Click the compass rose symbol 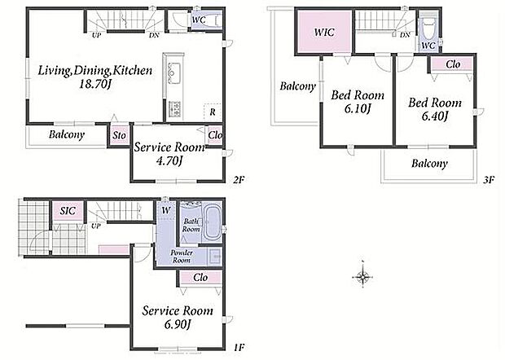[x=362, y=276]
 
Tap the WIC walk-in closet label [x=324, y=33]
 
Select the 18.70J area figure [x=95, y=85]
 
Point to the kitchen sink [x=174, y=73]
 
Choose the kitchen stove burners [x=174, y=108]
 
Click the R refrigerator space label [x=213, y=112]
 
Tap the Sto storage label [x=119, y=135]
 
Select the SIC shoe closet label [x=68, y=211]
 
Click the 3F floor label [x=488, y=180]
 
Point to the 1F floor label [x=239, y=348]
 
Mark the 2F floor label [x=239, y=180]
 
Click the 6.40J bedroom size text [x=434, y=116]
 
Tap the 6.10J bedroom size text [x=358, y=109]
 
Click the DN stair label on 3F [x=405, y=35]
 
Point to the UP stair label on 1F [x=95, y=226]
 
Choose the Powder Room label [x=182, y=257]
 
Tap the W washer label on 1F [x=165, y=211]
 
